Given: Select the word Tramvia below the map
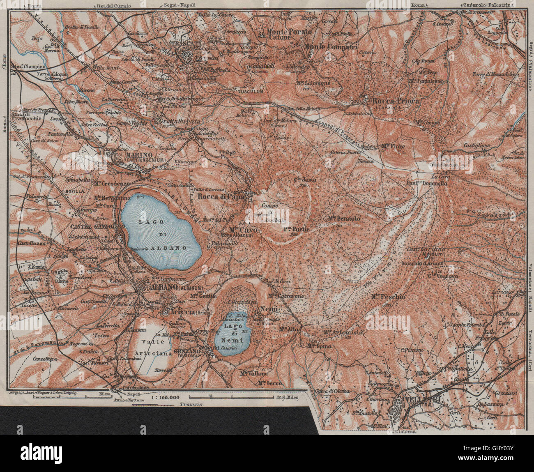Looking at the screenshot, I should tap(183, 405).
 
